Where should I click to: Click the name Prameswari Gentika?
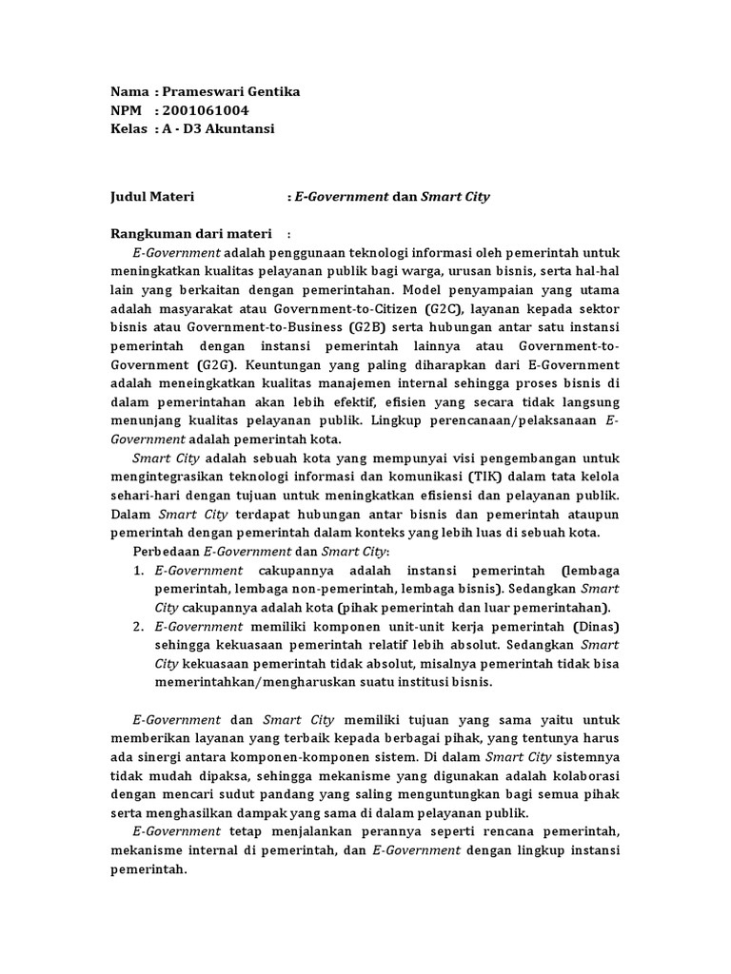pos(231,92)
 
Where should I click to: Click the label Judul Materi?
pos(152,197)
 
